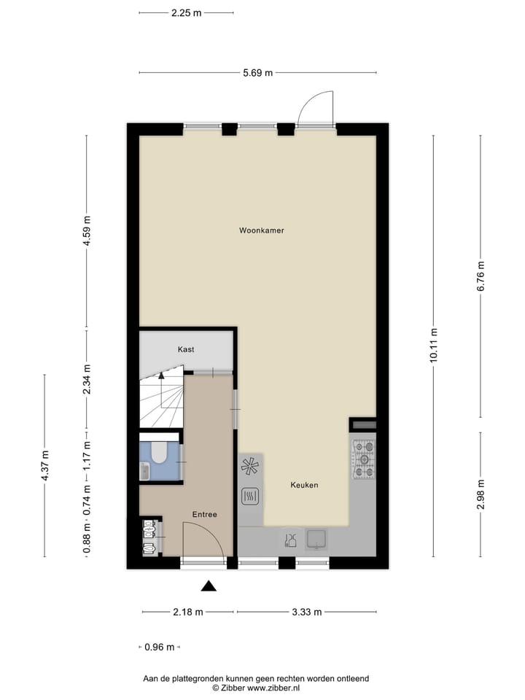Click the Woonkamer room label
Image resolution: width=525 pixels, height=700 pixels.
tap(261, 230)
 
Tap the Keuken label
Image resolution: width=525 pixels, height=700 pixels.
tap(304, 485)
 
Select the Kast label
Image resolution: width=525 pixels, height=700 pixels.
tap(186, 350)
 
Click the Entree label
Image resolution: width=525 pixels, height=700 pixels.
tap(204, 515)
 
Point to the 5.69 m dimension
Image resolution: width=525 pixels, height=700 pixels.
tap(258, 72)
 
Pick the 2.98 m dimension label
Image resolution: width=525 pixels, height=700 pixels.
tap(480, 494)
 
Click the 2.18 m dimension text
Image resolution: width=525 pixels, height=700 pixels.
tap(187, 612)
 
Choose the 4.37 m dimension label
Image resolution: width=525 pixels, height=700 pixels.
tap(44, 464)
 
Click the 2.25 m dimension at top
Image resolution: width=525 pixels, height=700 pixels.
tap(186, 12)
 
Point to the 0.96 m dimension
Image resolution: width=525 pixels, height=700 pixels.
tap(160, 647)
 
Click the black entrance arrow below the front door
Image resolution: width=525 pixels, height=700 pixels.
tap(209, 586)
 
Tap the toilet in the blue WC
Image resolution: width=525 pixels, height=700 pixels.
tap(158, 454)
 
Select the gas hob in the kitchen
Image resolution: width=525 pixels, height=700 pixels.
tap(363, 459)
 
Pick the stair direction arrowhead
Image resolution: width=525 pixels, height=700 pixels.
tap(160, 376)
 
